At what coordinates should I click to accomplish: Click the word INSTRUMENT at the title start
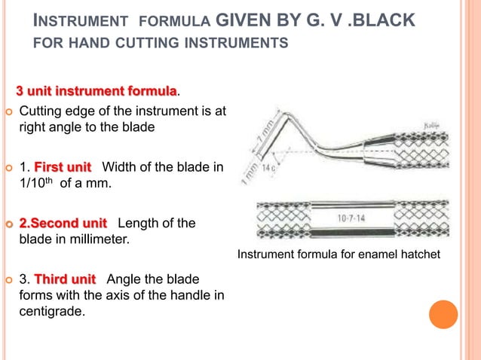[74, 20]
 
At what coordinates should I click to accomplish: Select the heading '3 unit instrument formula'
[97, 91]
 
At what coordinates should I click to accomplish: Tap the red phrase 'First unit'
[63, 166]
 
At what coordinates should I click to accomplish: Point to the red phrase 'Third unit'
[64, 279]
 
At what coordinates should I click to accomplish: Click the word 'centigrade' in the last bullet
[51, 309]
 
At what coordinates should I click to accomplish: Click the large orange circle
[443, 314]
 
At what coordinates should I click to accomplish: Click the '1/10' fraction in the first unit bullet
[31, 182]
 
